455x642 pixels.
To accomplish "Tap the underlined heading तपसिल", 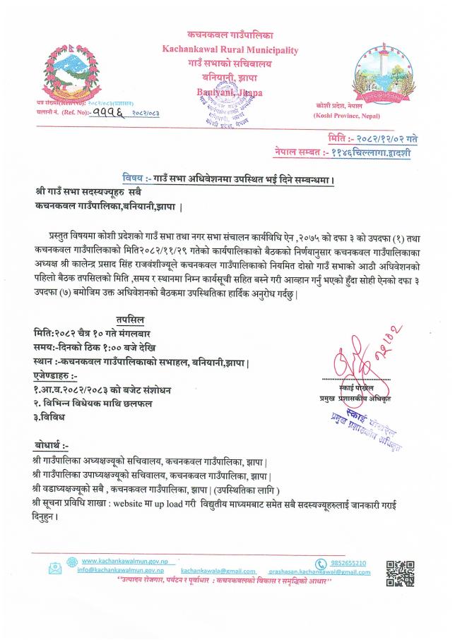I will point(132,319).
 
